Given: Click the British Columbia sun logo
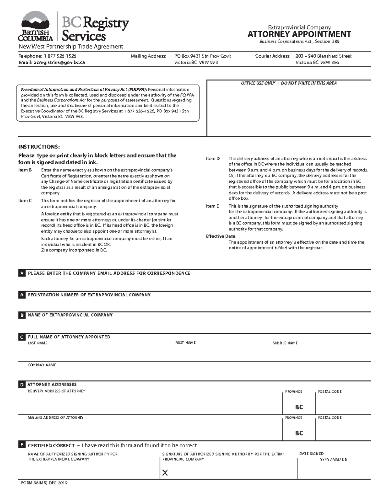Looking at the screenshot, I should pos(35,21).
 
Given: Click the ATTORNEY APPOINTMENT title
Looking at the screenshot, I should pos(299,34).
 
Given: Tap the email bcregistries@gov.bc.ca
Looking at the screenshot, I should pos(52,63).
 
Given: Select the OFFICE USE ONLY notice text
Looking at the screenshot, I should pos(289,83).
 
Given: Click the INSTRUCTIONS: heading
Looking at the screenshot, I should pos(39,147).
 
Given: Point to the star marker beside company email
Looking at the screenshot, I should pos(22,273).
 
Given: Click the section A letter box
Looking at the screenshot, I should pos(22,295).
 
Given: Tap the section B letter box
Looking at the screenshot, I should pos(22,315).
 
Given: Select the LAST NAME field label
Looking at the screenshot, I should pos(38,343).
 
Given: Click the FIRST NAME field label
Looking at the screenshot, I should pos(185,343).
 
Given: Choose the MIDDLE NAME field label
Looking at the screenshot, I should pos(285,343).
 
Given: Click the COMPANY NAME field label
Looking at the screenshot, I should pos(42,365).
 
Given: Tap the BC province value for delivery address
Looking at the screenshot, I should pos(299,407).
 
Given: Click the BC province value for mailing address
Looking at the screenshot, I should pos(299,433).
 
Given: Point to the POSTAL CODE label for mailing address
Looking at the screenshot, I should pos(330,418).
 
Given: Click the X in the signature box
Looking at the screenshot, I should pos(165,473).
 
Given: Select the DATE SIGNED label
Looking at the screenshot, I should pos(311,454).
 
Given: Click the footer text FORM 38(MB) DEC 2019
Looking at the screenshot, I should pos(44,483).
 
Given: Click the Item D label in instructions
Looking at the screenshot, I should pos(213,159).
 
